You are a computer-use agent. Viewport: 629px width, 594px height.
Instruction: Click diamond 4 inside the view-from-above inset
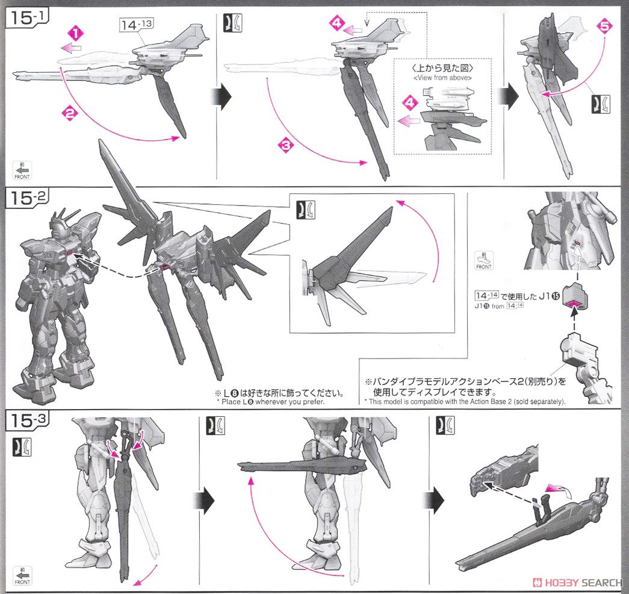(x=410, y=102)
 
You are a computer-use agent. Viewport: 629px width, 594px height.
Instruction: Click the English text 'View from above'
(x=442, y=77)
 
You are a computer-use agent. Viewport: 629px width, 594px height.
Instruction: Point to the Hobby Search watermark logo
(x=577, y=583)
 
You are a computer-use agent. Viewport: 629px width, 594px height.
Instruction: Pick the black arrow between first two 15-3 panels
(x=203, y=499)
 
